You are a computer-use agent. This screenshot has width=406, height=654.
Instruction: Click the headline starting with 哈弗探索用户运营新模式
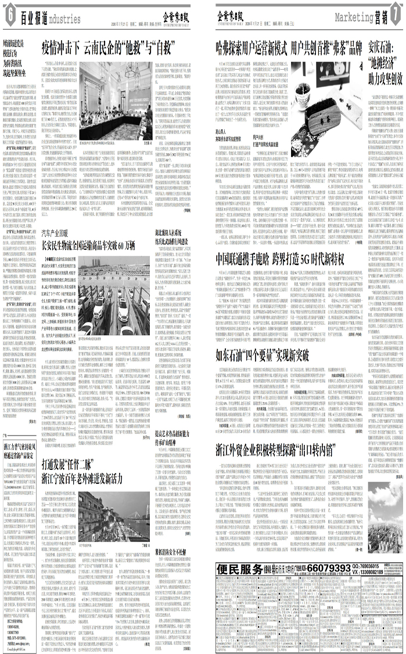click(x=288, y=47)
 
